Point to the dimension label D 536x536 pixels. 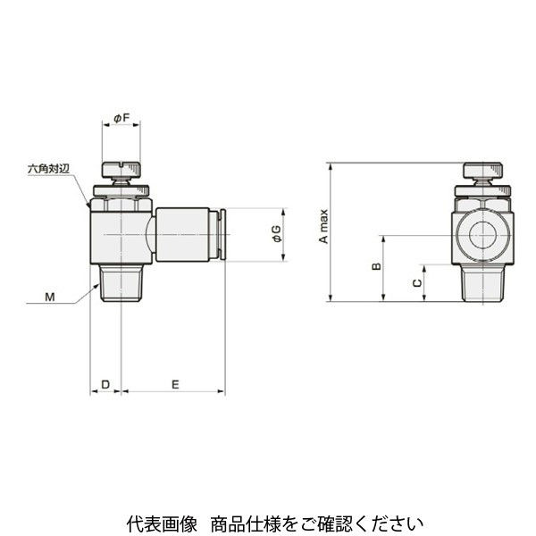point(105,384)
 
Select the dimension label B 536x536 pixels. point(376,268)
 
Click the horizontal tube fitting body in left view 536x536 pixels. point(183,236)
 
